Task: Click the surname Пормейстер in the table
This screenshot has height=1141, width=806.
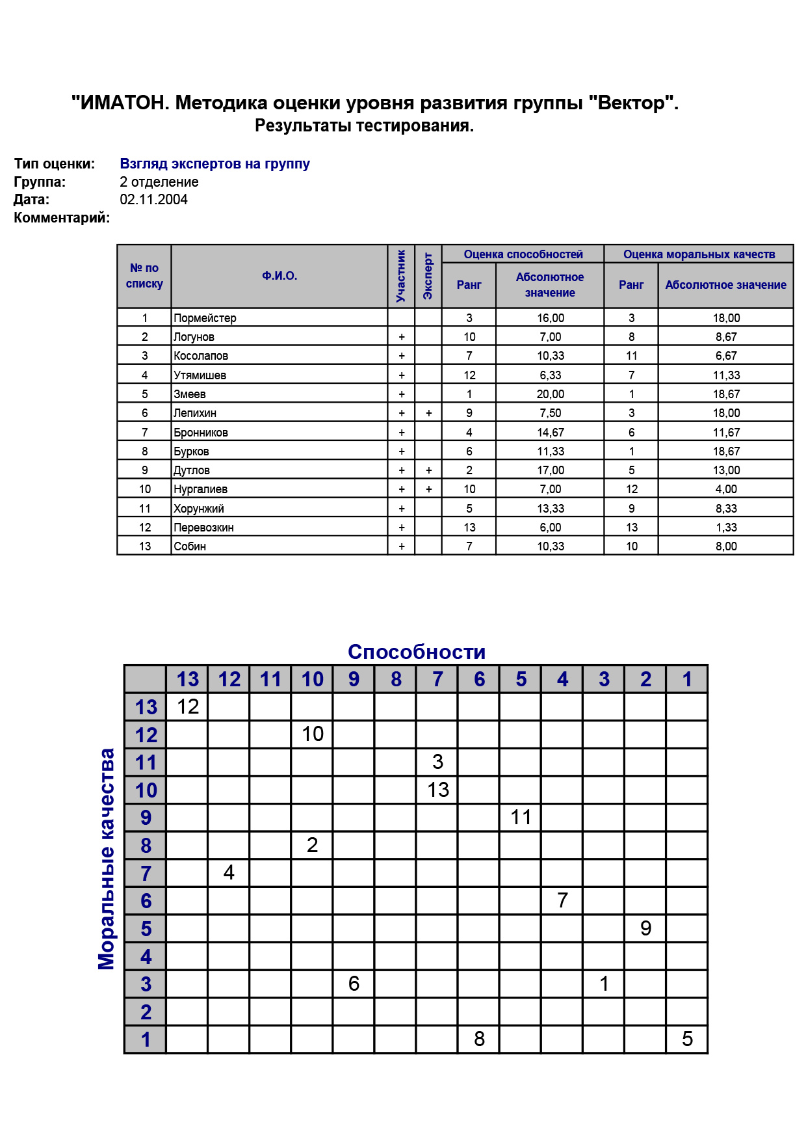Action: tap(205, 318)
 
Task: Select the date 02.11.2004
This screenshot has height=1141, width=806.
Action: tap(153, 200)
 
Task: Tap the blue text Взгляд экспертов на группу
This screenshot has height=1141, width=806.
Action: tap(214, 164)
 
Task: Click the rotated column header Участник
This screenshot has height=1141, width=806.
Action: tap(401, 276)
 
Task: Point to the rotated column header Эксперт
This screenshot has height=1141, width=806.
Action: tap(428, 276)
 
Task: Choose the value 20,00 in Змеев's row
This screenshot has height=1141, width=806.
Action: tap(550, 394)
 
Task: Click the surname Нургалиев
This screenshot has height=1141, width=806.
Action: tap(200, 489)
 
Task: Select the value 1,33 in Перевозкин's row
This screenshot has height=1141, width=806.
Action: tap(726, 528)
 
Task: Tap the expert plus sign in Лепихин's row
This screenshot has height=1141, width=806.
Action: tap(428, 413)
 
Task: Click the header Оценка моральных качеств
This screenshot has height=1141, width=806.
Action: tap(699, 254)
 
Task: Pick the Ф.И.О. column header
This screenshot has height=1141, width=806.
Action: tap(279, 276)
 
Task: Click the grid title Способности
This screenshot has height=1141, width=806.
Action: tap(417, 652)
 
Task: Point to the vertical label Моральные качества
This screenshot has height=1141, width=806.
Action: tap(107, 859)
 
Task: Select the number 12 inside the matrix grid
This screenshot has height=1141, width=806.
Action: tap(188, 706)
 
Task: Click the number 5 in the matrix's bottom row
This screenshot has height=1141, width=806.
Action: tap(687, 1039)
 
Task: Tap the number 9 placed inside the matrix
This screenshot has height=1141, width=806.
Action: tap(645, 928)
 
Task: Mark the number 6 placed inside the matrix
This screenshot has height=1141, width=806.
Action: tap(354, 984)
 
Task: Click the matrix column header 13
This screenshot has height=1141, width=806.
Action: tap(188, 679)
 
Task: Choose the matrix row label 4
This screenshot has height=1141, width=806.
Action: tap(146, 956)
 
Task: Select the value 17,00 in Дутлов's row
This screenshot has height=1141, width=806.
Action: tap(550, 470)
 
